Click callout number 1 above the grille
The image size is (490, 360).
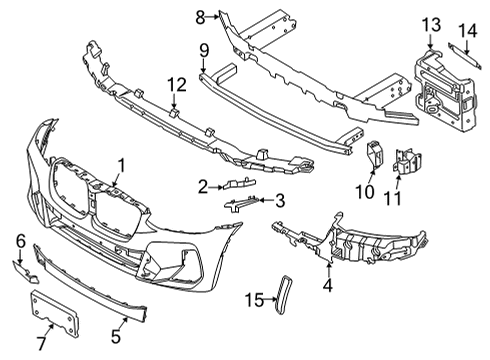(x=121, y=165)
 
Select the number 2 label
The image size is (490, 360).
(x=203, y=185)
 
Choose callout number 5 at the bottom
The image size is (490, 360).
(x=115, y=323)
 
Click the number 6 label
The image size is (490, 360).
(x=20, y=241)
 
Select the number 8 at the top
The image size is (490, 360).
(x=199, y=15)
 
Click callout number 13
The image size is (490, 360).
(x=430, y=24)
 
